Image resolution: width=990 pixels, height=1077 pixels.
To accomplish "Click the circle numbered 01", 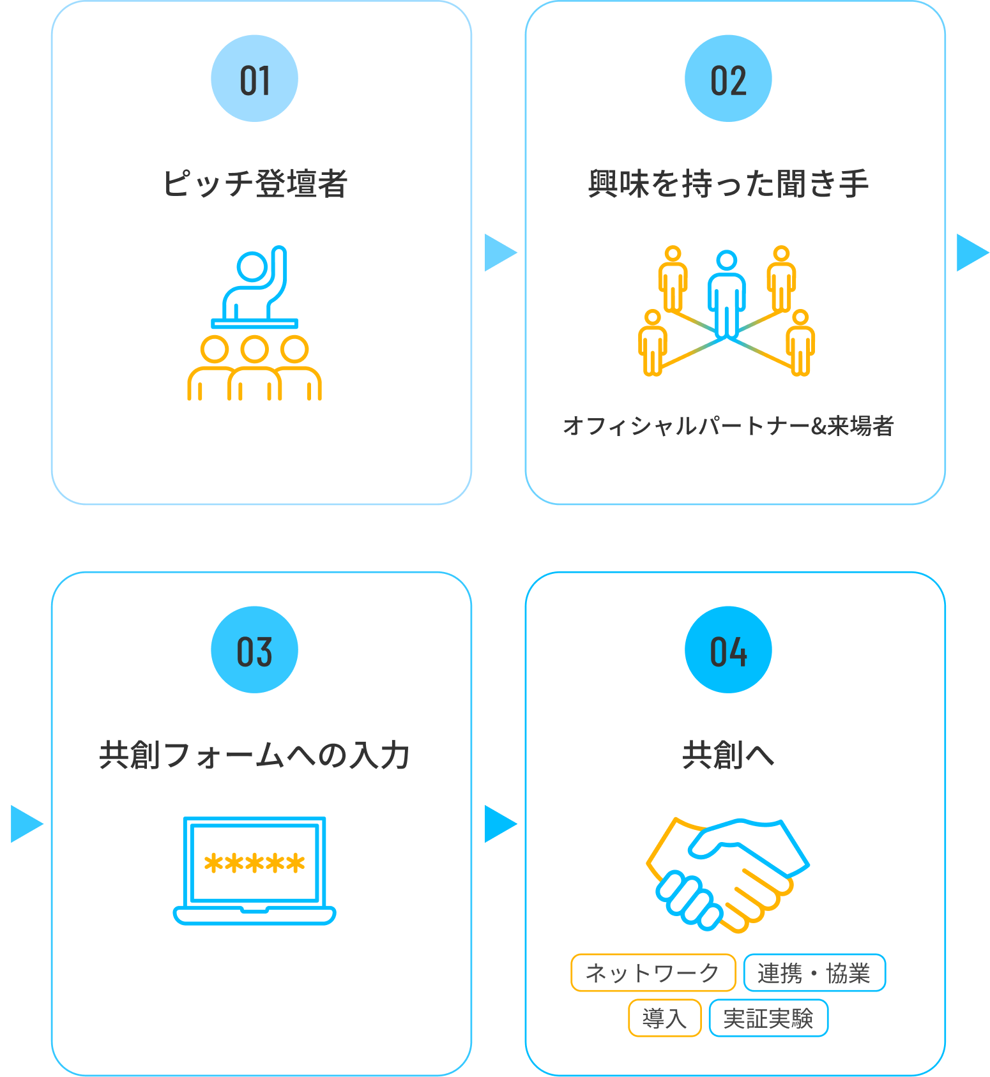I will [254, 79].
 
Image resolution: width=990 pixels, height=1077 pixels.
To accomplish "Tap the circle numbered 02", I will [728, 79].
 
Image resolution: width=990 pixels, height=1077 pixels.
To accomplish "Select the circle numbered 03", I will [254, 650].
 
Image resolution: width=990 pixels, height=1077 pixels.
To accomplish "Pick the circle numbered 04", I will [728, 650].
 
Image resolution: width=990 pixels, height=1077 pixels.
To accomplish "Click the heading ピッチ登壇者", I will [254, 184].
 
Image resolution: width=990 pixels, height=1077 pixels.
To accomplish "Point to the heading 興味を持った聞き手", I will [728, 184].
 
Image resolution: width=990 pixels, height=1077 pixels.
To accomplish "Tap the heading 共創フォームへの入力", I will [254, 755].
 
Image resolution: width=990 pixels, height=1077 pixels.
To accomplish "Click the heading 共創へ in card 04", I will [728, 755].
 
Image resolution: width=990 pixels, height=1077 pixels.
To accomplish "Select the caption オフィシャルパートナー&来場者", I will [728, 426].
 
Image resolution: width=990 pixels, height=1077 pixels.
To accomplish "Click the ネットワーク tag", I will [653, 973].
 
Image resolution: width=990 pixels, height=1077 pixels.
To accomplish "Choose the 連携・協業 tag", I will [814, 973].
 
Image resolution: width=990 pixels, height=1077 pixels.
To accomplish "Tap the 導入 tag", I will [664, 1018].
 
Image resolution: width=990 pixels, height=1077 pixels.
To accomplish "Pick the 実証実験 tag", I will [768, 1018].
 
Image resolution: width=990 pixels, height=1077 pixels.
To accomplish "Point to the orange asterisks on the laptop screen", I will [254, 864].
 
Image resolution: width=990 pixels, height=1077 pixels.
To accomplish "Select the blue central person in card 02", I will [727, 294].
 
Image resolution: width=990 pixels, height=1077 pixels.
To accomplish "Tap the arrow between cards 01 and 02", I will [499, 253].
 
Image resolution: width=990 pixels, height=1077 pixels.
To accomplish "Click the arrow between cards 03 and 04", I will [499, 824].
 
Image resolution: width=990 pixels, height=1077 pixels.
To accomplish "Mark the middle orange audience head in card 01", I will [254, 349].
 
